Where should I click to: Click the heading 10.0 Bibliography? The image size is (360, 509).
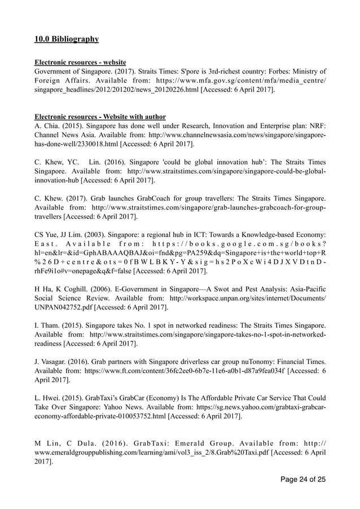click(67, 39)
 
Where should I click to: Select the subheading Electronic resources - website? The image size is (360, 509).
click(80, 62)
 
